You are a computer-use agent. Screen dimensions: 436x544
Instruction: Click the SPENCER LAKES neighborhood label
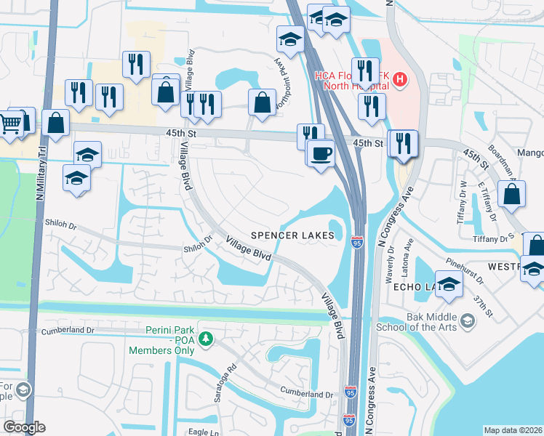click(x=293, y=235)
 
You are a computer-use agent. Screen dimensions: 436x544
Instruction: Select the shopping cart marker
click(x=9, y=124)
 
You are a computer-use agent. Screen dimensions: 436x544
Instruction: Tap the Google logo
click(x=24, y=427)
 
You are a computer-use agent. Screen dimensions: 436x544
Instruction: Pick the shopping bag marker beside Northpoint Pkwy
click(x=262, y=103)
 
